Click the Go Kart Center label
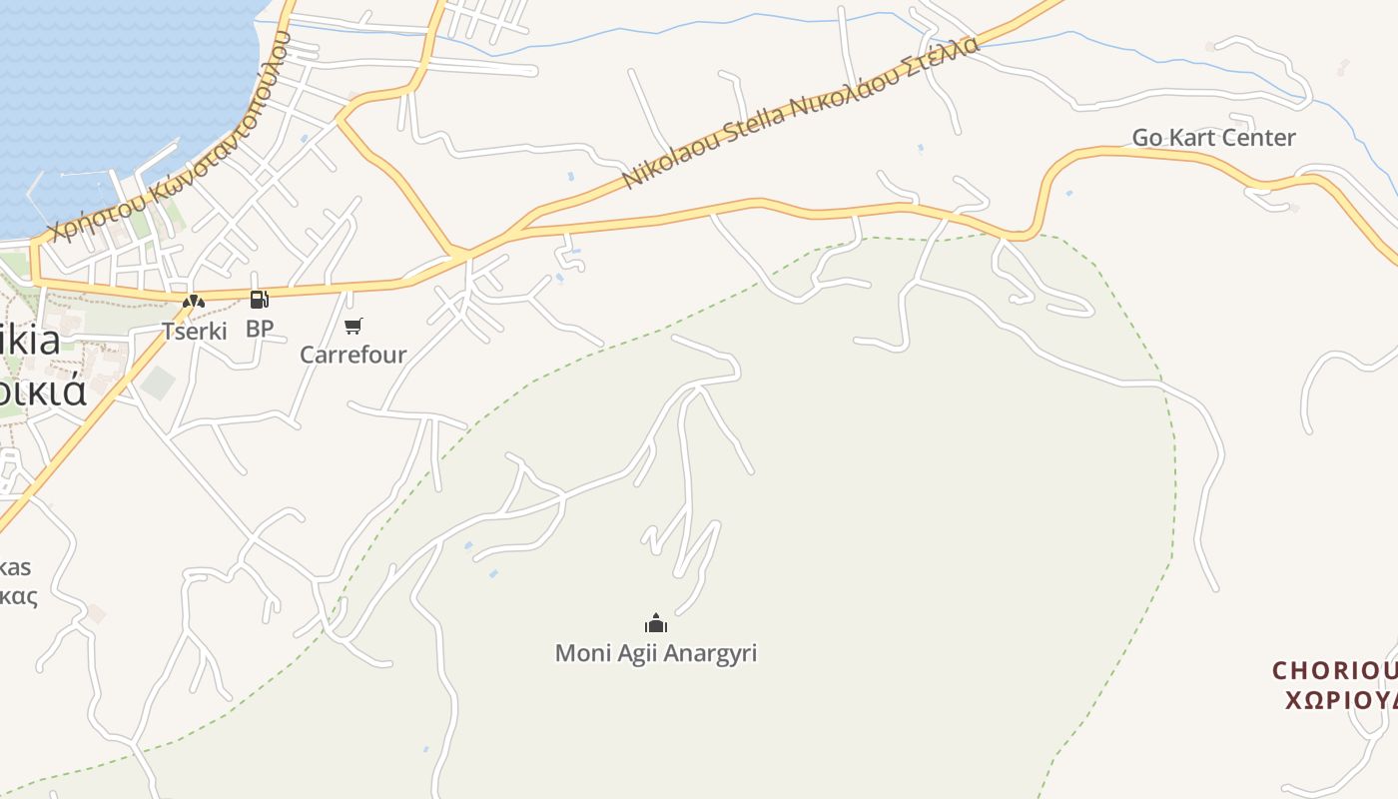coord(1213,138)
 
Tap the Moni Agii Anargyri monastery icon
coord(656,623)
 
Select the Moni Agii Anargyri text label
coord(656,653)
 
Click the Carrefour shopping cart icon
coord(352,326)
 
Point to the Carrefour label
coord(353,355)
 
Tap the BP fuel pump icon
coord(259,299)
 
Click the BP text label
coord(260,328)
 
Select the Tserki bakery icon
coord(194,301)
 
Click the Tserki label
coord(195,331)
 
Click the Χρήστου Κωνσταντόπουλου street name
coord(170,140)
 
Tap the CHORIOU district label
coord(1334,670)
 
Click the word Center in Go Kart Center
coord(1262,138)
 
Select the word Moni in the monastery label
coord(578,653)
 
